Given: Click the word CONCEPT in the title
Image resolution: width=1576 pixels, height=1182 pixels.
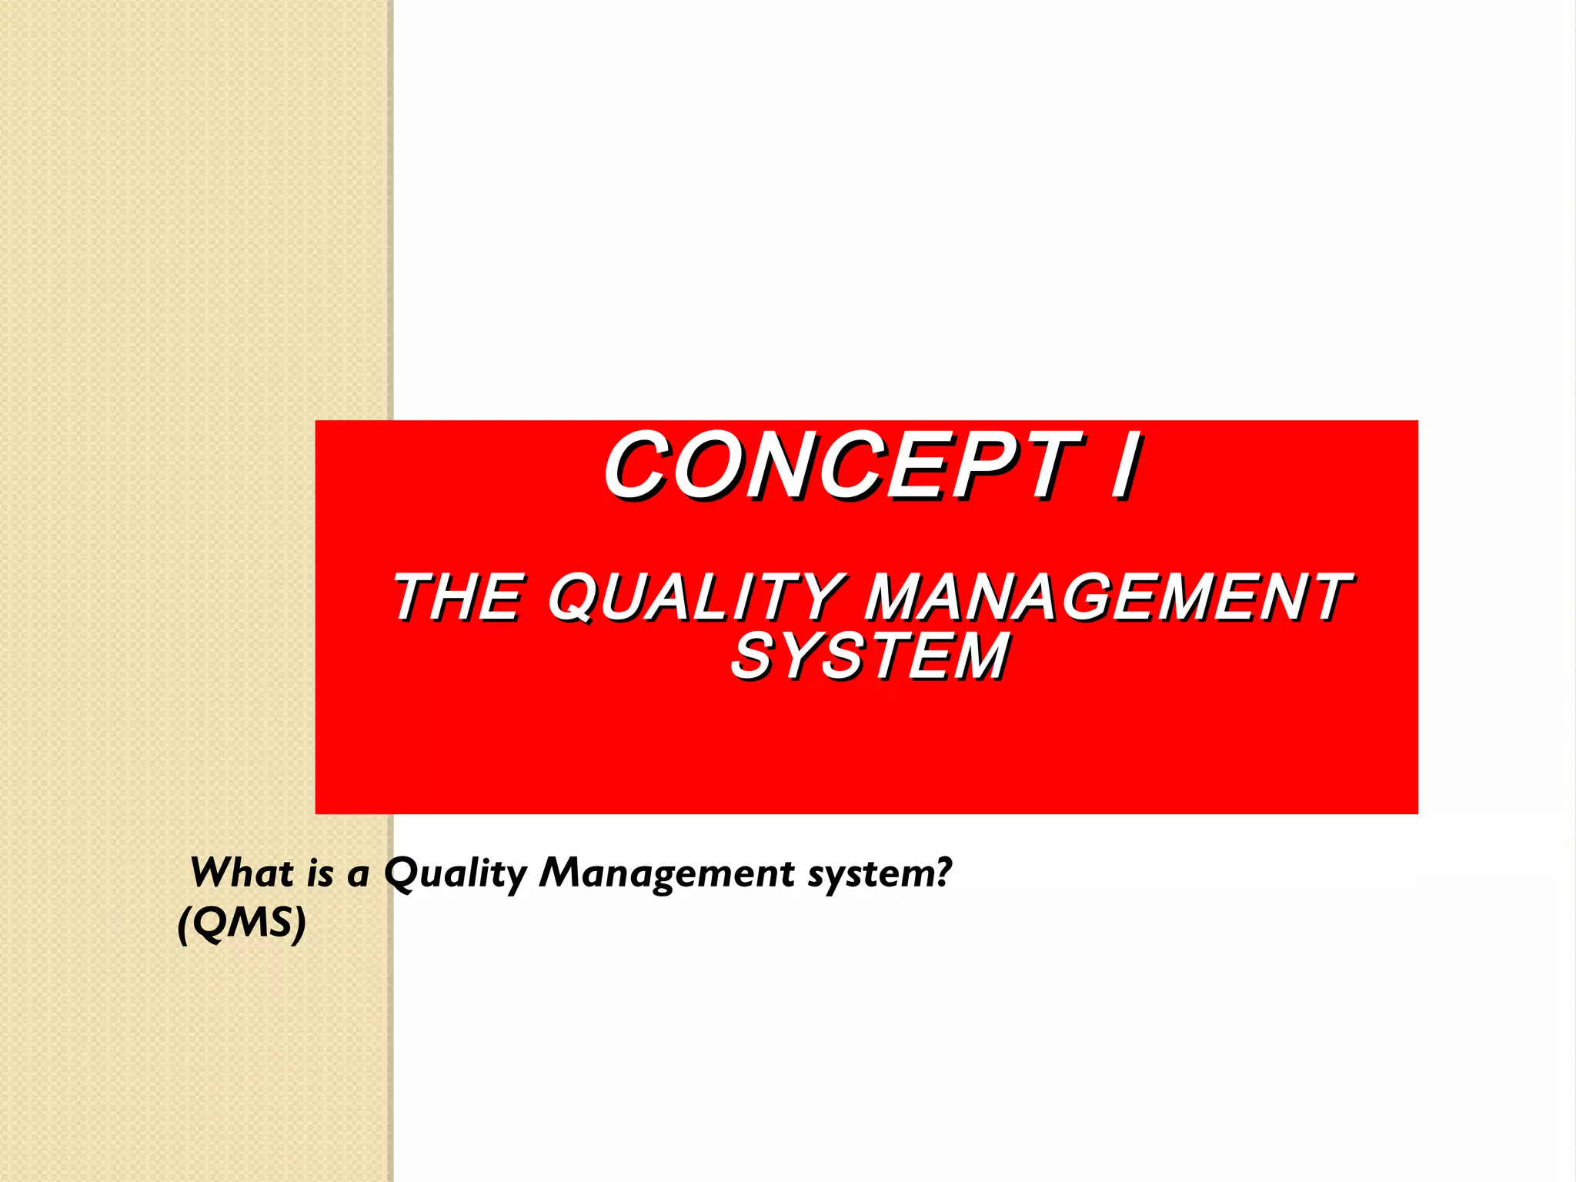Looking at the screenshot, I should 843,466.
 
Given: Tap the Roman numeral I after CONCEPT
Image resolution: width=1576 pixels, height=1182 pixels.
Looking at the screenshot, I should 1125,466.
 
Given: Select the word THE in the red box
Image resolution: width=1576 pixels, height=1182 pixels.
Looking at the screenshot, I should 459,597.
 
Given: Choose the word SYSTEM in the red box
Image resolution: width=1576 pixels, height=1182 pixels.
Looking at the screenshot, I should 870,656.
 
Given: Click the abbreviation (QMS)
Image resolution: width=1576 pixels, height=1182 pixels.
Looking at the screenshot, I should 242,923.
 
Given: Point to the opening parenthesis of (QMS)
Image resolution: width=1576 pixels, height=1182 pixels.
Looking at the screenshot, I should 184,923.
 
